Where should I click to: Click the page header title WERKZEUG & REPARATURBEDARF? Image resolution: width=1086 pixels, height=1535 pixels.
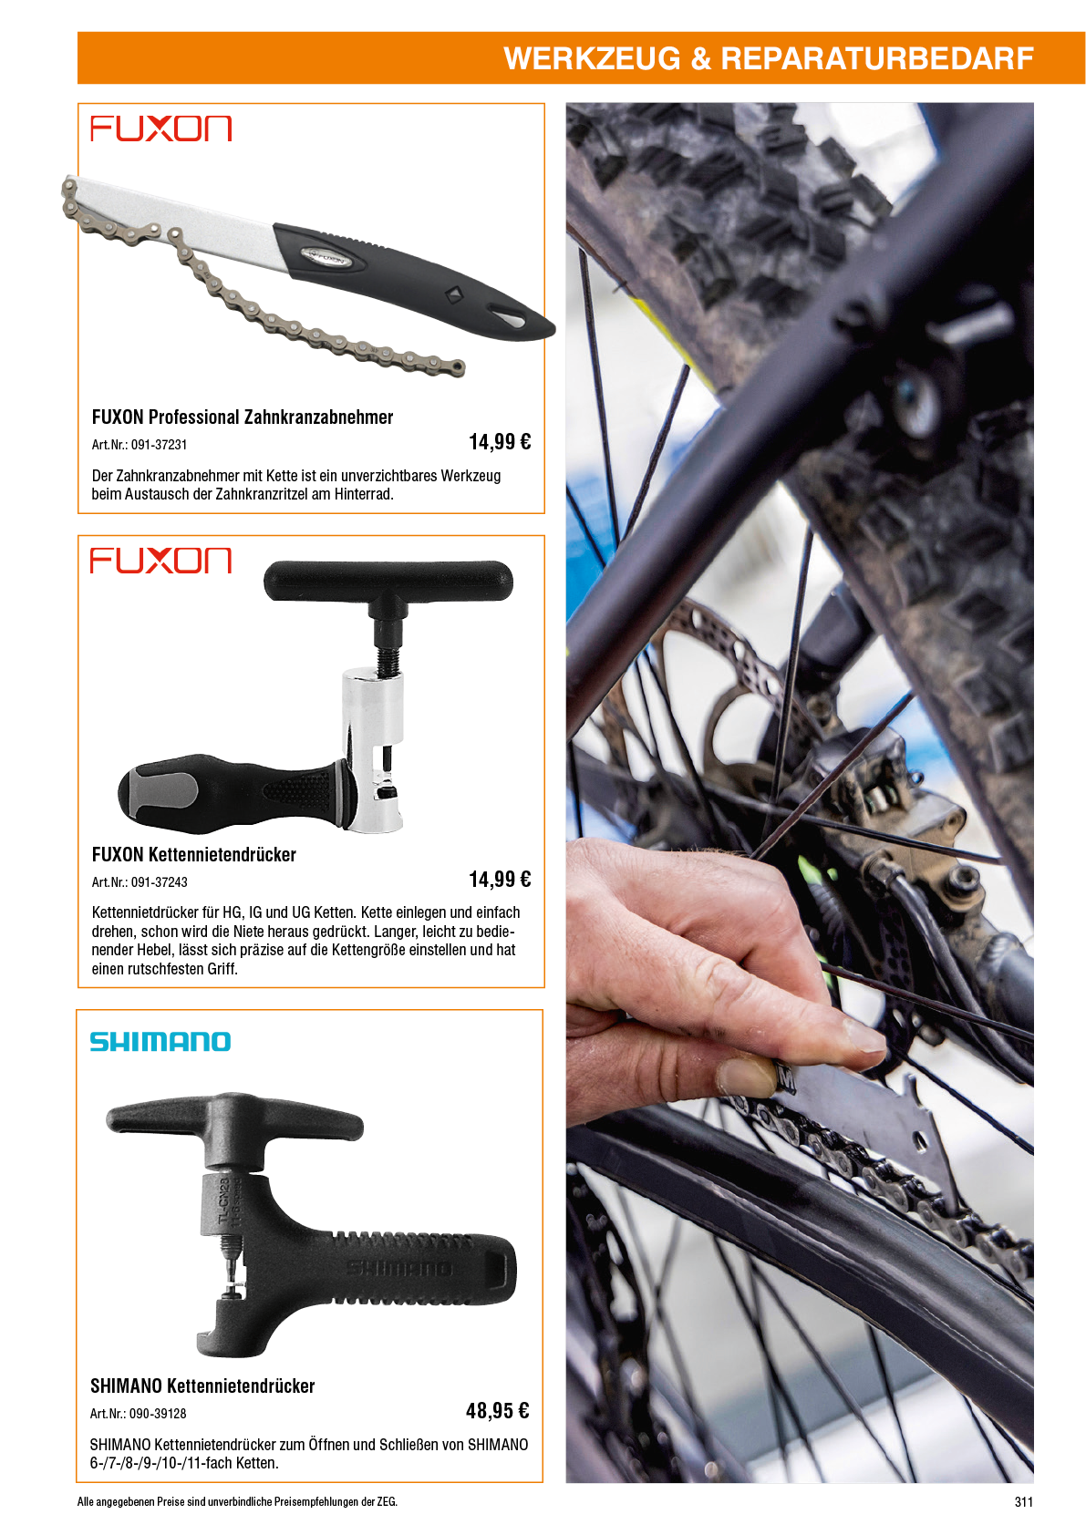(x=768, y=58)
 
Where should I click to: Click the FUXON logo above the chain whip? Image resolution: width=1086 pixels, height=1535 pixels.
(x=161, y=129)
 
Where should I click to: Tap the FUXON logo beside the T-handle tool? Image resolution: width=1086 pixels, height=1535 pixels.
(x=161, y=560)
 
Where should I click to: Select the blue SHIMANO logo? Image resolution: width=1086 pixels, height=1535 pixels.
(x=160, y=1042)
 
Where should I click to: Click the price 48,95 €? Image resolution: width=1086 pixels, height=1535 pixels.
(x=498, y=1410)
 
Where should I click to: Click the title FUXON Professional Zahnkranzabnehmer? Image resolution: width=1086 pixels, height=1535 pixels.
(x=243, y=417)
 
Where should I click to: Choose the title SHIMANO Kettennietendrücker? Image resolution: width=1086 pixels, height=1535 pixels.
(x=202, y=1386)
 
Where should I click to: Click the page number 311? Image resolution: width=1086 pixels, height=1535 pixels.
(x=1024, y=1501)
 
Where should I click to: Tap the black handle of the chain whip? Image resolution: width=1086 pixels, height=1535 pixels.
(x=411, y=277)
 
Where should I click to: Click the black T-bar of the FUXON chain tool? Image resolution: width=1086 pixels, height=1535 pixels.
(x=388, y=580)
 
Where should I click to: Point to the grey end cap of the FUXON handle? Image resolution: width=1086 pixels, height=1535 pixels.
(x=161, y=792)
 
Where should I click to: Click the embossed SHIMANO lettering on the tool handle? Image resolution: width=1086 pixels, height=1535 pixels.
(x=398, y=1268)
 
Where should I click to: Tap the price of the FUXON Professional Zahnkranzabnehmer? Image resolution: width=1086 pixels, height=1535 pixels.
(x=500, y=441)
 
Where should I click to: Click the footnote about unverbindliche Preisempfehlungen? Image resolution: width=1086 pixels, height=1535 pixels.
(x=237, y=1501)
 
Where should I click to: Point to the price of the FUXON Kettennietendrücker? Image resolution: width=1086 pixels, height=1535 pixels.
(x=500, y=879)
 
